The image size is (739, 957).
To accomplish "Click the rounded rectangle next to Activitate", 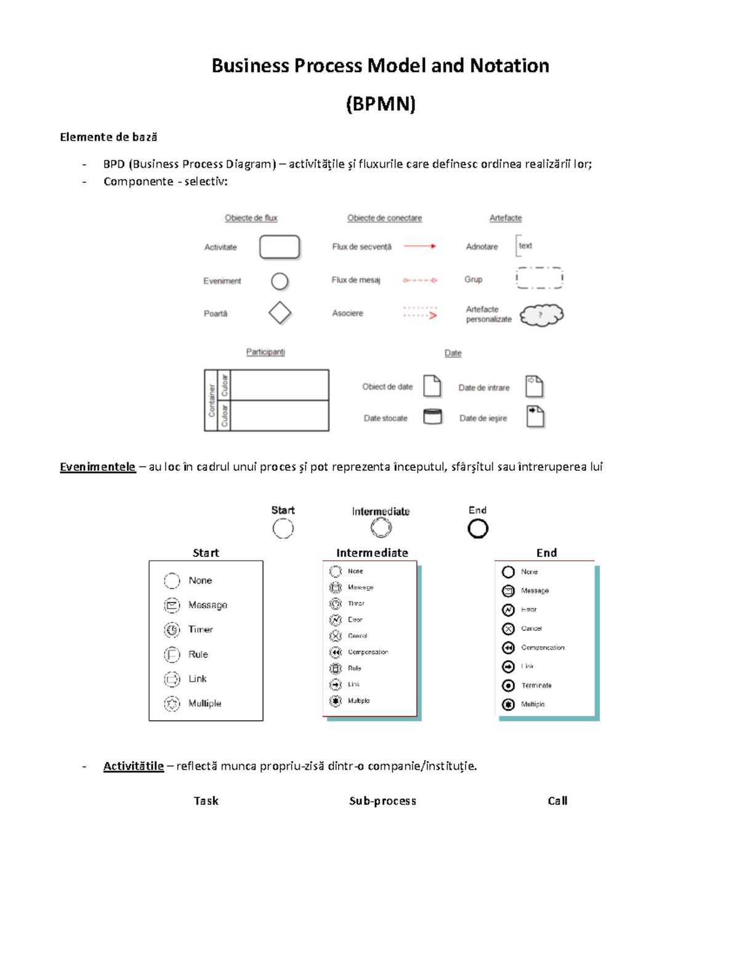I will [x=280, y=246].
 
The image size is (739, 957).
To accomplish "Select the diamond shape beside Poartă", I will [x=280, y=312].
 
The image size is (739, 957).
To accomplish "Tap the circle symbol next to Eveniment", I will [x=280, y=281].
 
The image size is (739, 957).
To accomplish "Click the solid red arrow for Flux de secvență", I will [x=420, y=246].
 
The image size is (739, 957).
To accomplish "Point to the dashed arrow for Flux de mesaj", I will [x=420, y=280].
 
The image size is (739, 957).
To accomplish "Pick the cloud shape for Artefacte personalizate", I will [x=541, y=315].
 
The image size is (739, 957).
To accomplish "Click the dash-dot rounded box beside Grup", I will [x=539, y=278].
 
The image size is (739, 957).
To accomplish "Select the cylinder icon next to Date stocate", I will [x=432, y=417].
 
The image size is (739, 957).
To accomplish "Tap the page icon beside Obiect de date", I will [x=432, y=386].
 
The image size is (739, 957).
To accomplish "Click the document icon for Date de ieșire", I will [x=535, y=417].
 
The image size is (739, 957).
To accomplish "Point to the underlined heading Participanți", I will [x=265, y=352].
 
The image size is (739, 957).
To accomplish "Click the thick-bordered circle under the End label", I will [x=478, y=528].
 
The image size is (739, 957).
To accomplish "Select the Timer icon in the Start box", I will [x=172, y=630].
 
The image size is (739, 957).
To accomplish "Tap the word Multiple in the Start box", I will [x=204, y=703].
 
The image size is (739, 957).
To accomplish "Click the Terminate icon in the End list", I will [x=508, y=685].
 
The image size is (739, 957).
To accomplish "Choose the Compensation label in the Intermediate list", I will [x=368, y=652].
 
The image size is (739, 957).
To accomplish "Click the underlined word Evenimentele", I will [x=97, y=466].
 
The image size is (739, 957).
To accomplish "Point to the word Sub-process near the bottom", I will [x=382, y=800].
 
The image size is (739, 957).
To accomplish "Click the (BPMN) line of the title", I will [x=381, y=104].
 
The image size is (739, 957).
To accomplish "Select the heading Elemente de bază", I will [x=108, y=137].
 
